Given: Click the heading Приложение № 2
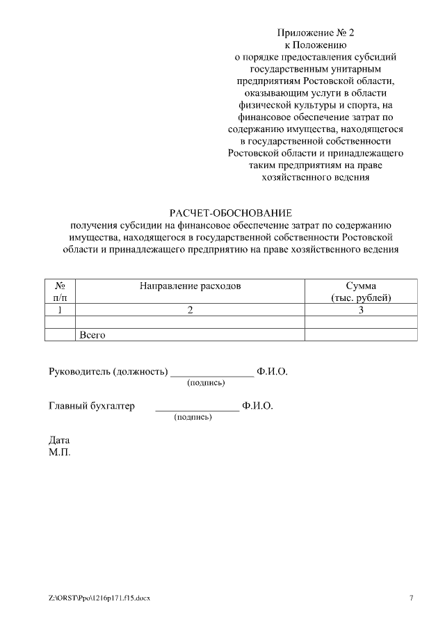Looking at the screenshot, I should [x=316, y=33].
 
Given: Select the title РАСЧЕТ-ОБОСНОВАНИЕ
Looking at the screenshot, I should [x=231, y=212].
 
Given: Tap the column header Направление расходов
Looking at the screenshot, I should [x=190, y=285].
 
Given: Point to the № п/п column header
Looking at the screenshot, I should [x=60, y=291].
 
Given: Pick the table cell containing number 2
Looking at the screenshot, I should [x=190, y=310].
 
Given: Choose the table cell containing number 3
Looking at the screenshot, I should [x=361, y=310].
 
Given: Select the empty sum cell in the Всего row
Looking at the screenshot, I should [x=361, y=334].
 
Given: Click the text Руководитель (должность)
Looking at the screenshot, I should [x=108, y=371].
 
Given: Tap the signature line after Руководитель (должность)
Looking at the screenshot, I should [x=212, y=374].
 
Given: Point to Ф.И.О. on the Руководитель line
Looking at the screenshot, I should [x=272, y=371].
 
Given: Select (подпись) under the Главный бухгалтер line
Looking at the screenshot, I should [x=193, y=417].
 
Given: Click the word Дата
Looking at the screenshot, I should [x=59, y=440].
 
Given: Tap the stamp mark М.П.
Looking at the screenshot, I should [x=59, y=452].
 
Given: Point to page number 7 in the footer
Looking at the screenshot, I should [x=411, y=598].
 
